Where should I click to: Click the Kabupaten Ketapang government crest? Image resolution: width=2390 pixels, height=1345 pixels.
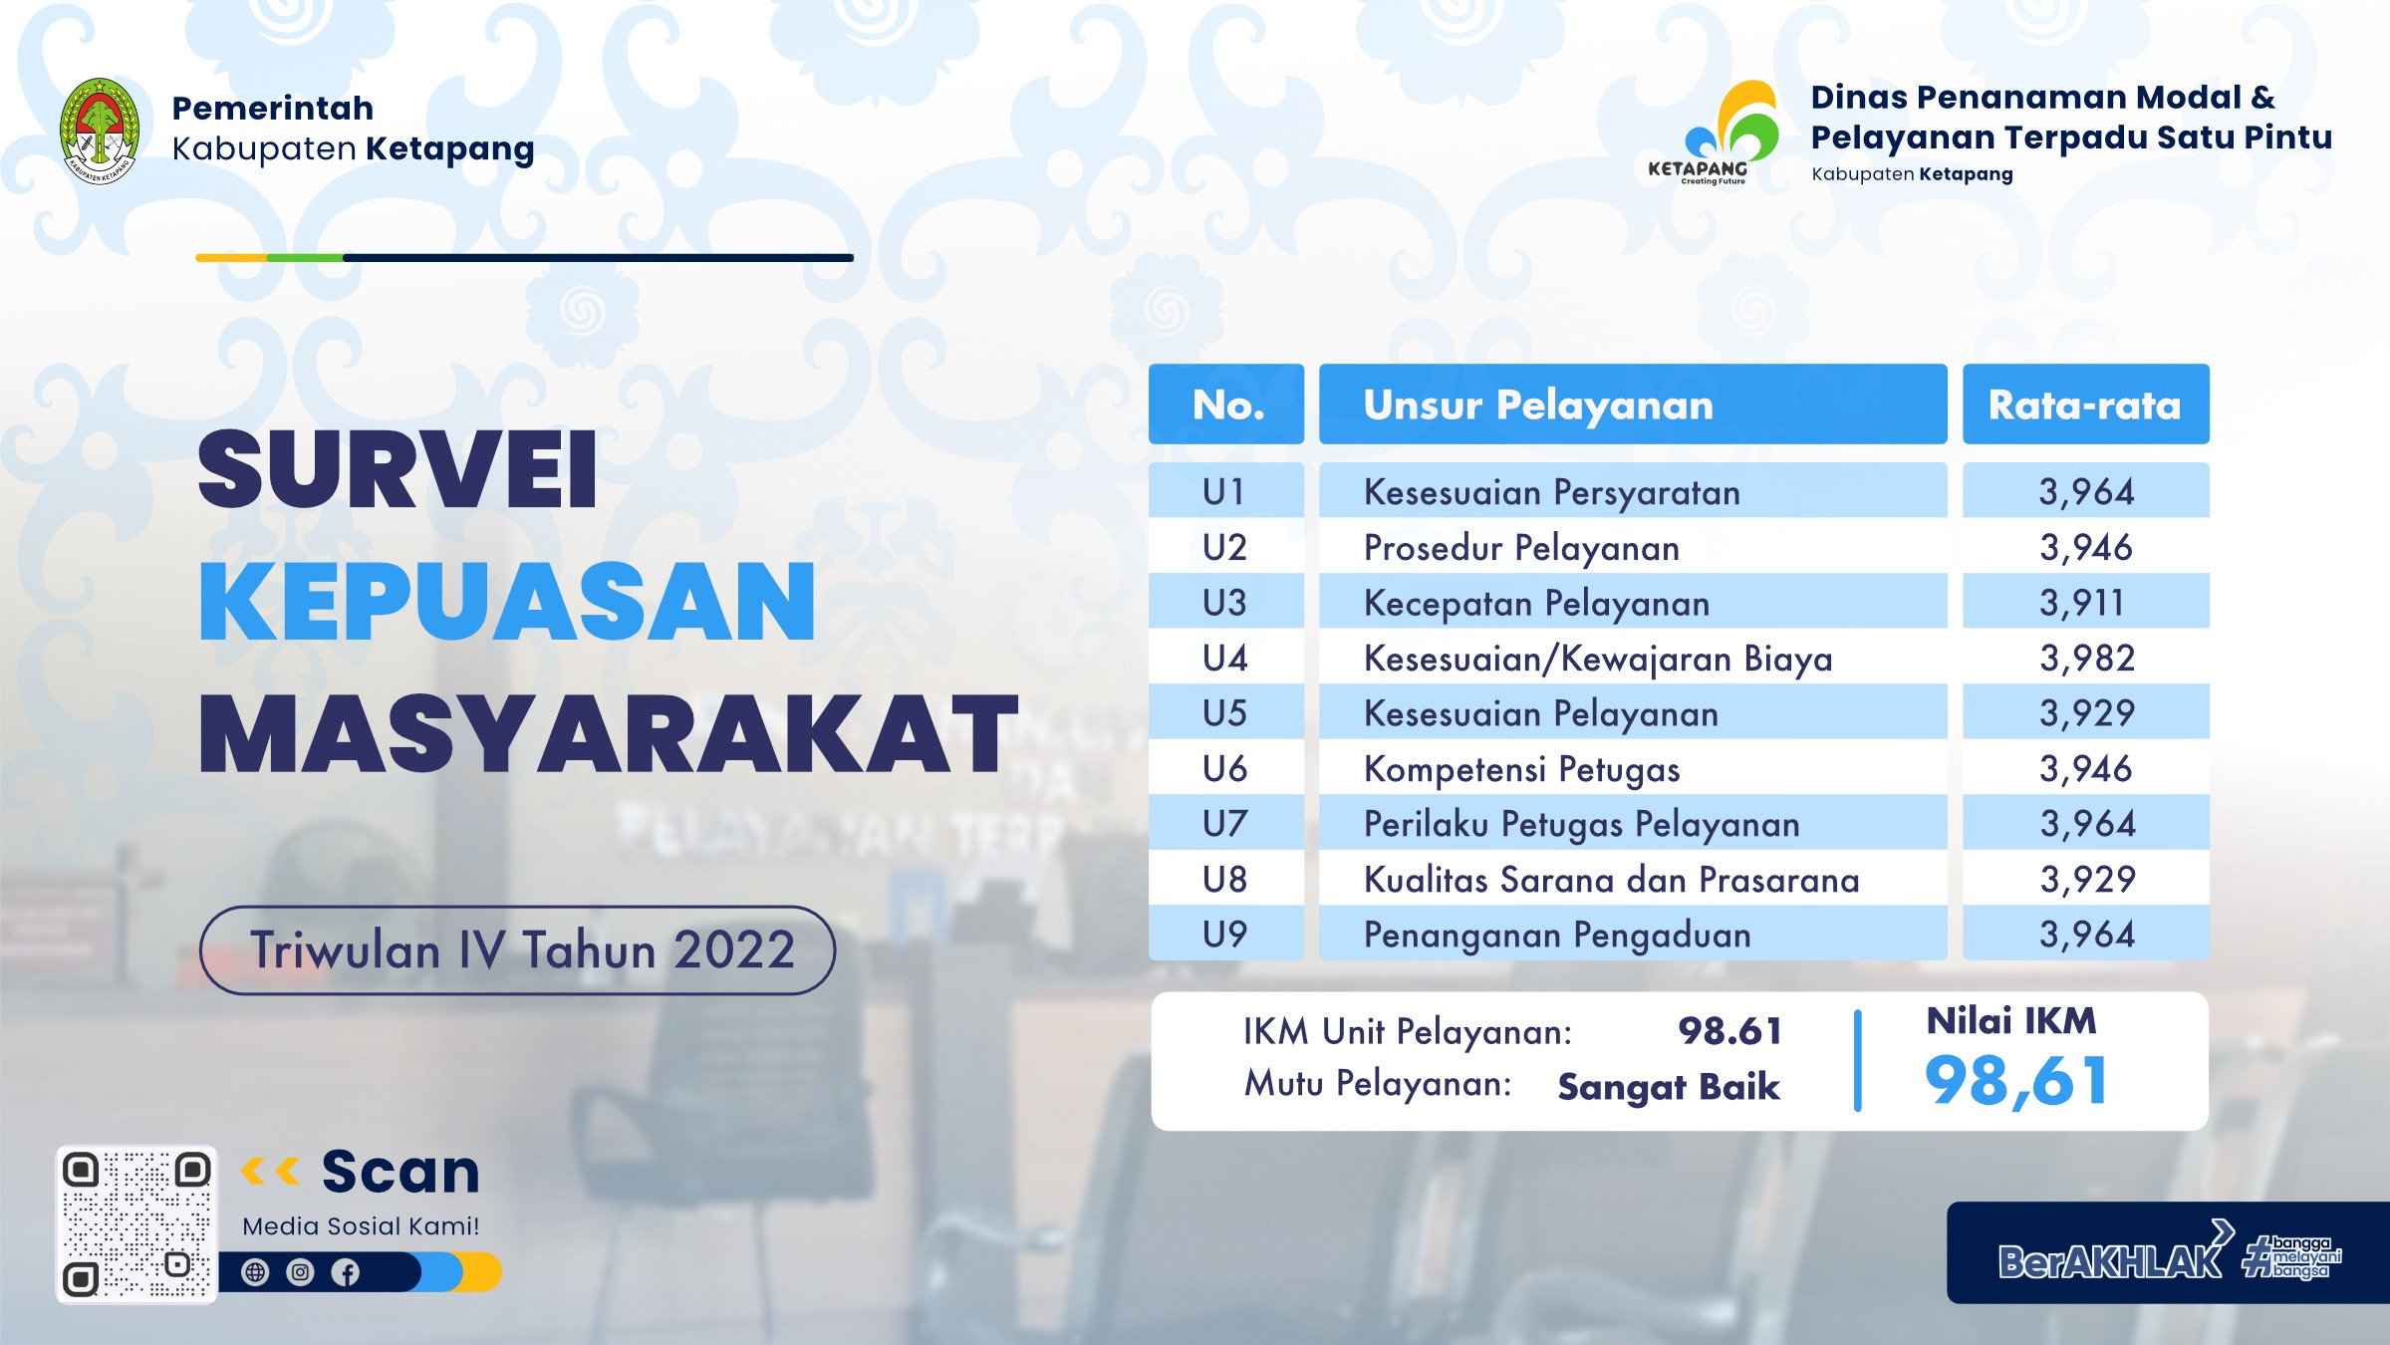pyautogui.click(x=100, y=131)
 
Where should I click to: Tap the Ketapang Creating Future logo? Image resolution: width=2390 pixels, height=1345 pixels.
pyautogui.click(x=1713, y=134)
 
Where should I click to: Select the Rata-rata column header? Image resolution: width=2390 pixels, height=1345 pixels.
pyautogui.click(x=2085, y=404)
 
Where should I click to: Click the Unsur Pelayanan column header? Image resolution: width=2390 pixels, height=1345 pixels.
pyautogui.click(x=1633, y=404)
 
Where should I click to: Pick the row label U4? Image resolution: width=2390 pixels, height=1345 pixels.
pyautogui.click(x=1224, y=659)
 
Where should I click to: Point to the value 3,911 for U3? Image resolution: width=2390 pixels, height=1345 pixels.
pyautogui.click(x=2081, y=603)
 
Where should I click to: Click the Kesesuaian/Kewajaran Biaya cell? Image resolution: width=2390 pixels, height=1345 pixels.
pyautogui.click(x=1597, y=660)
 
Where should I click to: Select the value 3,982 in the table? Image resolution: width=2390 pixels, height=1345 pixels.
pyautogui.click(x=2086, y=659)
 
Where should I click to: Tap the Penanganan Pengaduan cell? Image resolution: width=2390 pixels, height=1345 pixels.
pyautogui.click(x=1557, y=936)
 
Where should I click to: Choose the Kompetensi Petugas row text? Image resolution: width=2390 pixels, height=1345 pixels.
pyautogui.click(x=1521, y=769)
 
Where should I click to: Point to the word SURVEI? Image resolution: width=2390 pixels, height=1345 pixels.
pyautogui.click(x=398, y=469)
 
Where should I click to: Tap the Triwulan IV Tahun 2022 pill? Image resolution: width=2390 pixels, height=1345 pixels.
pyautogui.click(x=517, y=950)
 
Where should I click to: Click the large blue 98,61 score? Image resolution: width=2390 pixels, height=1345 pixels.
pyautogui.click(x=2016, y=1082)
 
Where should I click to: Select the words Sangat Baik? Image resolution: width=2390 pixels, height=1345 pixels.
pyautogui.click(x=1669, y=1086)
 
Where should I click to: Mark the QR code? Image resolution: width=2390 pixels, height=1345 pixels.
pyautogui.click(x=136, y=1224)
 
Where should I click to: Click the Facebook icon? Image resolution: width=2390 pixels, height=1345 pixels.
pyautogui.click(x=346, y=1272)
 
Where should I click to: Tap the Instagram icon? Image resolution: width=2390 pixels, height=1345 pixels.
pyautogui.click(x=300, y=1272)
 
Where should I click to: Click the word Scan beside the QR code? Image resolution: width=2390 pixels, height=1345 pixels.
pyautogui.click(x=400, y=1172)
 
